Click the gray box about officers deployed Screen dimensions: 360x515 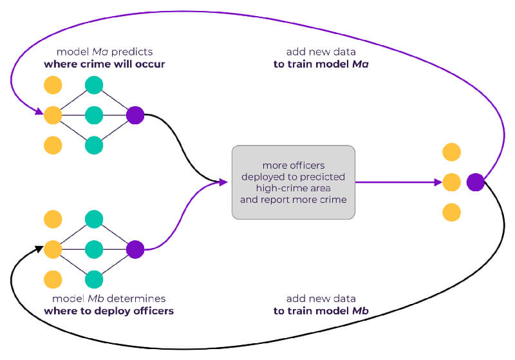293,182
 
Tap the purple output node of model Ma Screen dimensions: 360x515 135,115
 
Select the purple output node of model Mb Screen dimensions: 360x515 135,249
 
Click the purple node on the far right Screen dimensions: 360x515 476,182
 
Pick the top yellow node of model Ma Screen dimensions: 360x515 53,85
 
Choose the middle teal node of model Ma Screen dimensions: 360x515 94,115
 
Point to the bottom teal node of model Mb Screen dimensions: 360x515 94,279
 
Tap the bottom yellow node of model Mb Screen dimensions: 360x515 53,279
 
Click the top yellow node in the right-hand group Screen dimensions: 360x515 452,152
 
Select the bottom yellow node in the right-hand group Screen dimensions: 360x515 452,213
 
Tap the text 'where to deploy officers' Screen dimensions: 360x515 109,311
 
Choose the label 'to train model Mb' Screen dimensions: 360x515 319,311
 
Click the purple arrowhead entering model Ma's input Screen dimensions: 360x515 39,115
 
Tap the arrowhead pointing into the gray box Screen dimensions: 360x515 225,182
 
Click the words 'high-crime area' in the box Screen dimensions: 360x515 293,188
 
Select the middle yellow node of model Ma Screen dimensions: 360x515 53,115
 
